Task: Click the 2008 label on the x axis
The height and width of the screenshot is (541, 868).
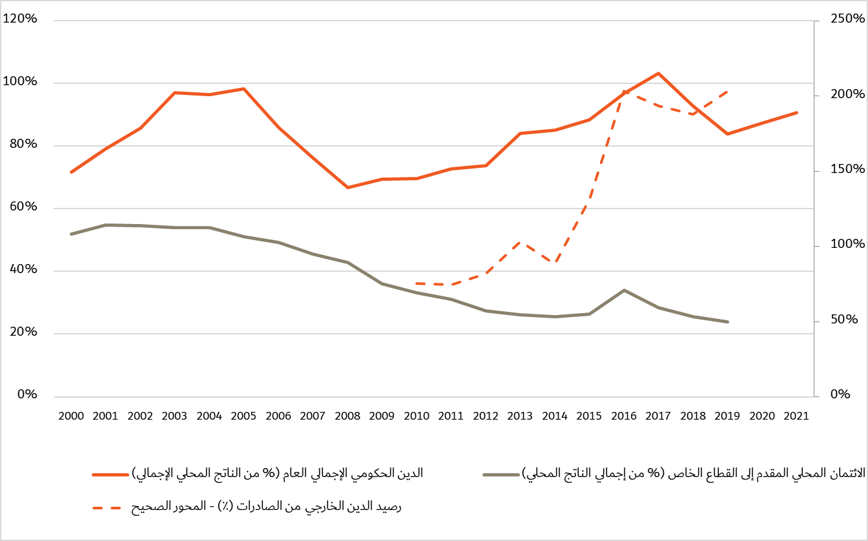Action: click(x=347, y=416)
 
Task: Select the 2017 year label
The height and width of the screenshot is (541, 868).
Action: click(x=658, y=416)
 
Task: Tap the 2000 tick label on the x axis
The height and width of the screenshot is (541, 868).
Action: click(x=71, y=416)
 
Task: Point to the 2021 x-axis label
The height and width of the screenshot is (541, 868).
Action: click(x=796, y=416)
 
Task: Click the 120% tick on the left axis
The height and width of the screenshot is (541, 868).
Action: click(x=21, y=19)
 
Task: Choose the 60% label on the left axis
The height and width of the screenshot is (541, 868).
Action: click(x=23, y=207)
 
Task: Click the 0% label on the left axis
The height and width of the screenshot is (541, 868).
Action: click(x=26, y=394)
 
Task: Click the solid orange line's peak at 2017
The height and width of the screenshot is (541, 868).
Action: click(x=658, y=73)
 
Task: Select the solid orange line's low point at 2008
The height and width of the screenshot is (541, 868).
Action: click(x=347, y=187)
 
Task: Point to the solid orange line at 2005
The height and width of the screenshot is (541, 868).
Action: click(x=244, y=88)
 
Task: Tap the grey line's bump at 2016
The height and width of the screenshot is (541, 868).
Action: click(x=624, y=290)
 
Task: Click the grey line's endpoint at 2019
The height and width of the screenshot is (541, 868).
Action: click(x=728, y=322)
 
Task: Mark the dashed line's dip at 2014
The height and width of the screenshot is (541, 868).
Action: click(x=555, y=261)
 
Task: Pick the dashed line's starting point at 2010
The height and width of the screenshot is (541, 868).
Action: click(x=417, y=283)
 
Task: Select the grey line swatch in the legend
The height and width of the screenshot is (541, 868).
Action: click(x=501, y=475)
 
